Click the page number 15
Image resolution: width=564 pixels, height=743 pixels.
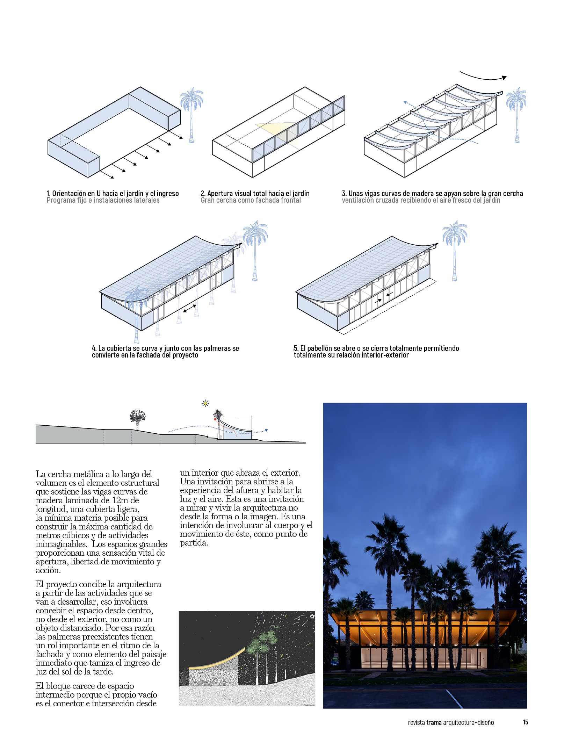point(525,722)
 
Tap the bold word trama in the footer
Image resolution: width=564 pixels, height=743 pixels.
point(434,722)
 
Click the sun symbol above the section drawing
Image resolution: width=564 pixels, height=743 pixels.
point(205,404)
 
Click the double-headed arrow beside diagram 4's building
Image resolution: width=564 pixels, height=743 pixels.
point(190,308)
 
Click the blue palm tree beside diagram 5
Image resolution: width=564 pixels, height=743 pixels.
point(455,248)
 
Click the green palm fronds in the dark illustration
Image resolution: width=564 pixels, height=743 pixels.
point(262,643)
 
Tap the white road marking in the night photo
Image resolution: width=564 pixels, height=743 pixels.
point(454,699)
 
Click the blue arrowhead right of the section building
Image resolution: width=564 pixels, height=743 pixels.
point(266,430)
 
